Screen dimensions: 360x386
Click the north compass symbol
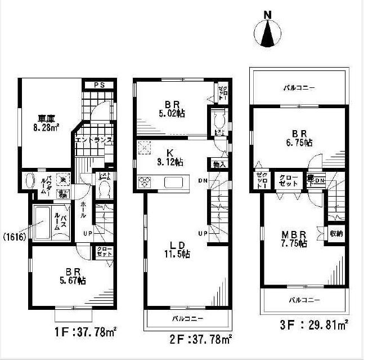pyautogui.click(x=268, y=32)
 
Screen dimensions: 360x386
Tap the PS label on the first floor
pyautogui.click(x=100, y=85)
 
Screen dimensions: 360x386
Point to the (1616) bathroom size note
pyautogui.click(x=15, y=237)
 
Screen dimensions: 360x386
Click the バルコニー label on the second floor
pyautogui.click(x=187, y=318)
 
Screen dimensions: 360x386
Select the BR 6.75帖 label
pyautogui.click(x=300, y=138)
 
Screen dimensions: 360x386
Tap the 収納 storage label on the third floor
pyautogui.click(x=336, y=233)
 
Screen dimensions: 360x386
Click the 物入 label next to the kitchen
pyautogui.click(x=220, y=165)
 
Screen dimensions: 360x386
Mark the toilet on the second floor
pyautogui.click(x=219, y=120)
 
